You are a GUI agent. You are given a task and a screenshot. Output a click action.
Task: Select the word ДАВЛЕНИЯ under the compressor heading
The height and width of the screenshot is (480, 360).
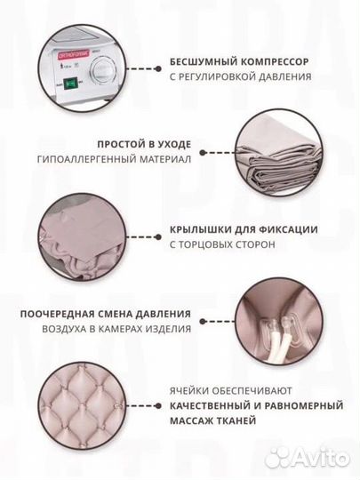pyautogui.click(x=285, y=76)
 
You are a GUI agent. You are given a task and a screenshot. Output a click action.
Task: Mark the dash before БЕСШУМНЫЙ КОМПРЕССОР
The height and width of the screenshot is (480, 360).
pyautogui.click(x=147, y=61)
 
